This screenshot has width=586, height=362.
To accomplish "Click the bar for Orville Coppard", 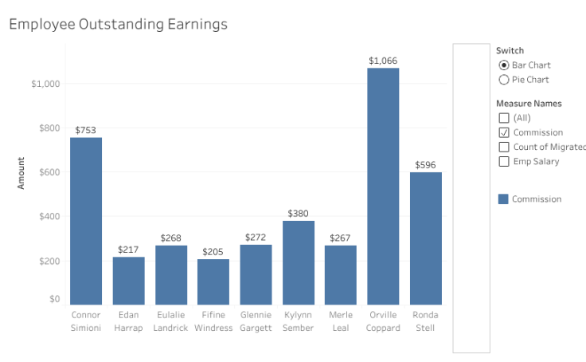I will [383, 186].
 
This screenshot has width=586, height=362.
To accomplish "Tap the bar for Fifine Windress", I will [213, 281].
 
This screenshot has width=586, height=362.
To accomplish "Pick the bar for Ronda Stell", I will [426, 238].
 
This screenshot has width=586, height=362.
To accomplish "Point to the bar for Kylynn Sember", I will [299, 262].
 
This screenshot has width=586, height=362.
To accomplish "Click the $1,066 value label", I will [383, 61].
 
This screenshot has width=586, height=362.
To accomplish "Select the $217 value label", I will [128, 250].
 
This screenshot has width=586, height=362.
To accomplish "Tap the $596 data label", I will [426, 165].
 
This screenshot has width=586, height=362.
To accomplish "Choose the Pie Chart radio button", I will [503, 80].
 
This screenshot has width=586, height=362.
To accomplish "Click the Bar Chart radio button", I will [503, 65].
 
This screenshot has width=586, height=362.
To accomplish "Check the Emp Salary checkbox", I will [503, 162].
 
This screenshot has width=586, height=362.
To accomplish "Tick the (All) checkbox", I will [503, 118].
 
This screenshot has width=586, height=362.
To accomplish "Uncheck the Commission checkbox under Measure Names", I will [503, 132].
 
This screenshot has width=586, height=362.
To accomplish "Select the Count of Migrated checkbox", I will [503, 147].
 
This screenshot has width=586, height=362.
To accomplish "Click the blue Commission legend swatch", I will [503, 199].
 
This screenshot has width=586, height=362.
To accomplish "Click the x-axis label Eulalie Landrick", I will [171, 321].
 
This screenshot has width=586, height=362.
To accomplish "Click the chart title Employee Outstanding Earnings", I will [118, 24].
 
